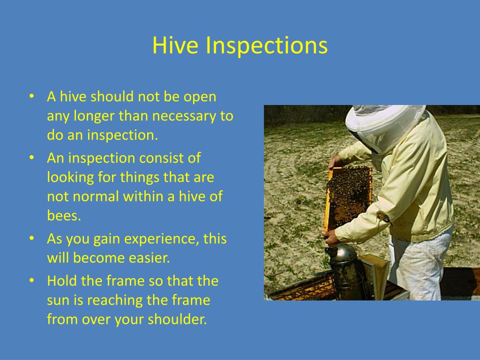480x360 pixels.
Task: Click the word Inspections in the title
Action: point(266,46)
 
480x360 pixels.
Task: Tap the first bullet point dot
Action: point(31,97)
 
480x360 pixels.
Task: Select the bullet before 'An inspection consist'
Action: point(31,158)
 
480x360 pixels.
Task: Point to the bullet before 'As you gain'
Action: point(31,239)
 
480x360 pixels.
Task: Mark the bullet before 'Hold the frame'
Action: point(31,281)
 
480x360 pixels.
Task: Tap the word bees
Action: point(64,216)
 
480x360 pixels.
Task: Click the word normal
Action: point(96,196)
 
